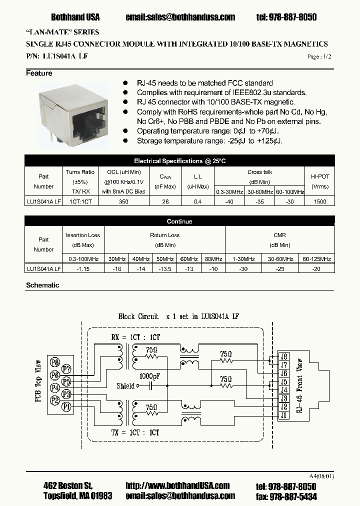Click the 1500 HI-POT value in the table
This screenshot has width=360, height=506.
point(319,201)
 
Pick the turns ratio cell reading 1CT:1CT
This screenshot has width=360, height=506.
point(80,201)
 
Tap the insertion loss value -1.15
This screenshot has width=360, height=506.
point(83,268)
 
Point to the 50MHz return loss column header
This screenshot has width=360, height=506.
point(165,259)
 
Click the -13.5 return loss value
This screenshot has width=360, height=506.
point(165,268)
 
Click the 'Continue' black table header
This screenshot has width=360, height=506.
point(179,221)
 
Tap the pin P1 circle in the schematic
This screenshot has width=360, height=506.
point(65,407)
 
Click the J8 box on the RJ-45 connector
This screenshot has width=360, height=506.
point(284,356)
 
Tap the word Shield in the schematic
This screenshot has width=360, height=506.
point(125,386)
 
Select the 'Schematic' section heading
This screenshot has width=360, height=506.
point(42,285)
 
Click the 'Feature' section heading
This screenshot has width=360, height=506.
point(39,73)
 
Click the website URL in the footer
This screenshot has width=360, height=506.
point(177,485)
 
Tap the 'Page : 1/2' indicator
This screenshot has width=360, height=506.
point(319,57)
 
